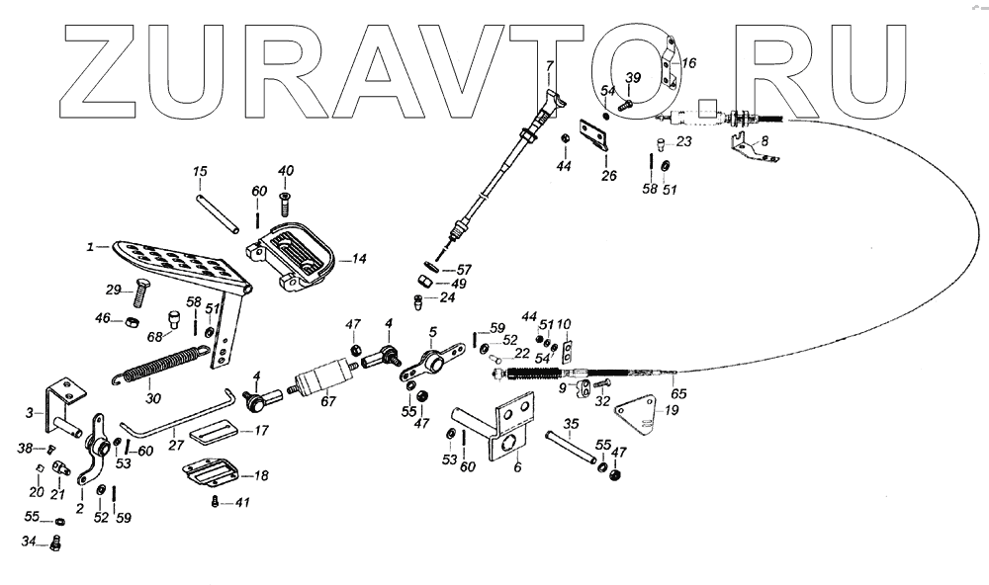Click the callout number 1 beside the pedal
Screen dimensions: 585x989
[90, 247]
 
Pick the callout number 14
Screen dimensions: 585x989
[357, 260]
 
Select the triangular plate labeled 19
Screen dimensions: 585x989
[634, 415]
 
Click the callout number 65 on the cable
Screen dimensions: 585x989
[679, 393]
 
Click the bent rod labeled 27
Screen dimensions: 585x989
[188, 419]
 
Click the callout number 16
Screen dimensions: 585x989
[688, 62]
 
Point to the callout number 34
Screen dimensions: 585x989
[30, 541]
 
